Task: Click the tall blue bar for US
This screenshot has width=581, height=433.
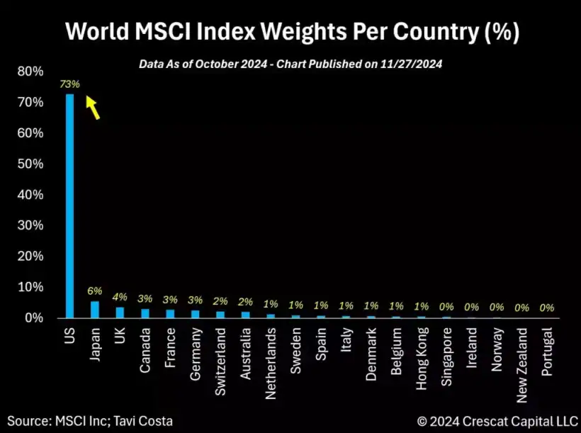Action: (x=69, y=206)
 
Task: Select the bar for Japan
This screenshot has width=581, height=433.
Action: (x=94, y=310)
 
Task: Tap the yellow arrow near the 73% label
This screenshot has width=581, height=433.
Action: (x=92, y=108)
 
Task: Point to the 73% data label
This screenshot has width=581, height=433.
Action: (x=69, y=84)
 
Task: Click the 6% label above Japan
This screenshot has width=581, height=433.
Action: (x=95, y=291)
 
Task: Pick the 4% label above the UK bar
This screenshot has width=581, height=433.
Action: (x=120, y=296)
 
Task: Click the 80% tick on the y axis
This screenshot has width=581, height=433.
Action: (x=29, y=72)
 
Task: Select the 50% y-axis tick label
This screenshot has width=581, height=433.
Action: (x=29, y=164)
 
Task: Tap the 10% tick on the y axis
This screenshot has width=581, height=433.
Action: (x=29, y=287)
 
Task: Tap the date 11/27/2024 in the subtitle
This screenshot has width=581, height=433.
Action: (x=414, y=64)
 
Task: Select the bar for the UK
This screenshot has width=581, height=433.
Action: (x=120, y=313)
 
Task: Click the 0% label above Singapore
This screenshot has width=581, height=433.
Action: (x=446, y=308)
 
